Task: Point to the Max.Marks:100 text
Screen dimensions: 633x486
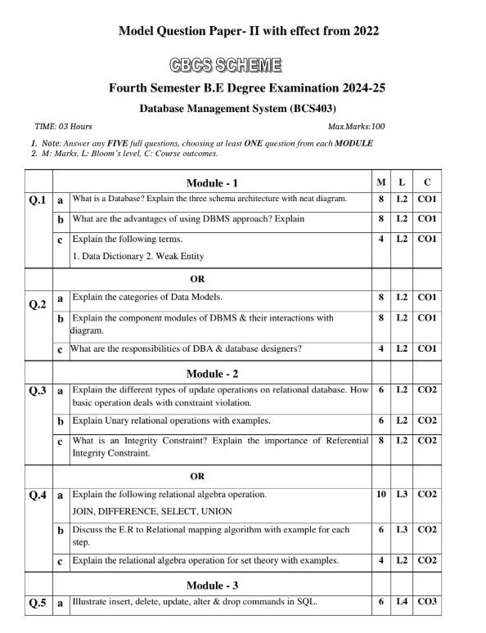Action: click(x=356, y=127)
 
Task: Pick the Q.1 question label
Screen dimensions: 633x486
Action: click(x=38, y=200)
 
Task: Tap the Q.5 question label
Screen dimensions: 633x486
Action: click(x=38, y=604)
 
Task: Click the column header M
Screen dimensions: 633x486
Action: click(x=381, y=182)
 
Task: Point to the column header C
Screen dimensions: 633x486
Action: click(x=427, y=182)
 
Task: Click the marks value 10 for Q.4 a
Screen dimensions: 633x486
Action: click(x=381, y=495)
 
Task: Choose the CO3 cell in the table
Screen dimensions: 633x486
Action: click(x=427, y=603)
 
